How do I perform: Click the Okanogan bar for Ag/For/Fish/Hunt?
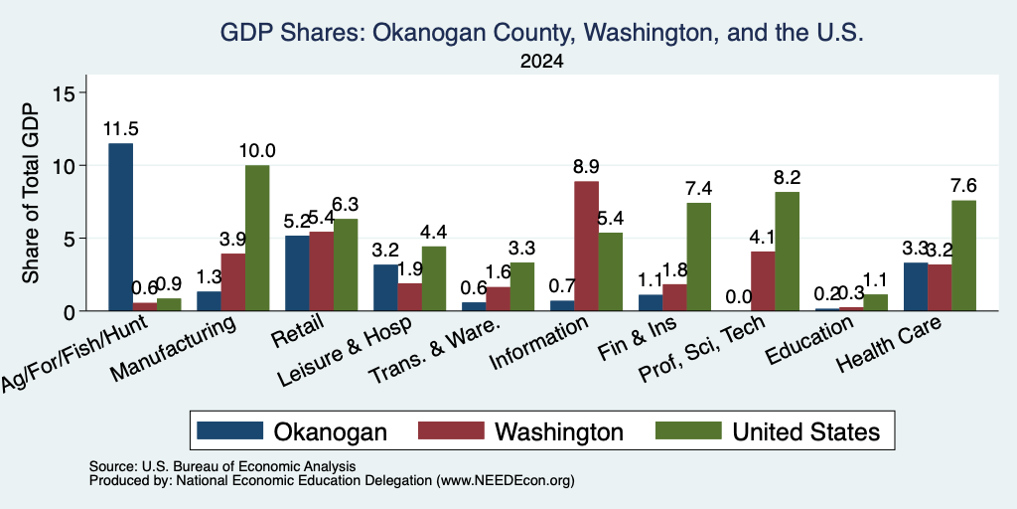[120, 228]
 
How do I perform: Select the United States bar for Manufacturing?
[257, 239]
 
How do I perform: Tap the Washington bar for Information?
[586, 247]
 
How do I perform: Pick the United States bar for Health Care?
[963, 255]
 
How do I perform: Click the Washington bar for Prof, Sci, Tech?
[763, 281]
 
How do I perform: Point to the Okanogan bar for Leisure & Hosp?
[386, 287]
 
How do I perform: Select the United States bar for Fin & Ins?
[699, 257]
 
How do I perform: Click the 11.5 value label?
[120, 128]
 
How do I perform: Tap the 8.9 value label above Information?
[586, 167]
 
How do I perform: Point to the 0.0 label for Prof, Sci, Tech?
[739, 297]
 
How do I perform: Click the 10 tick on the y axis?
[70, 166]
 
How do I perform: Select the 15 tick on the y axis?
[70, 92]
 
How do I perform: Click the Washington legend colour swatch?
[451, 430]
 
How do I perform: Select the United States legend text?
[806, 431]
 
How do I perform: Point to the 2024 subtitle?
[541, 62]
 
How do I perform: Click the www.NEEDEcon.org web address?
[506, 481]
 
